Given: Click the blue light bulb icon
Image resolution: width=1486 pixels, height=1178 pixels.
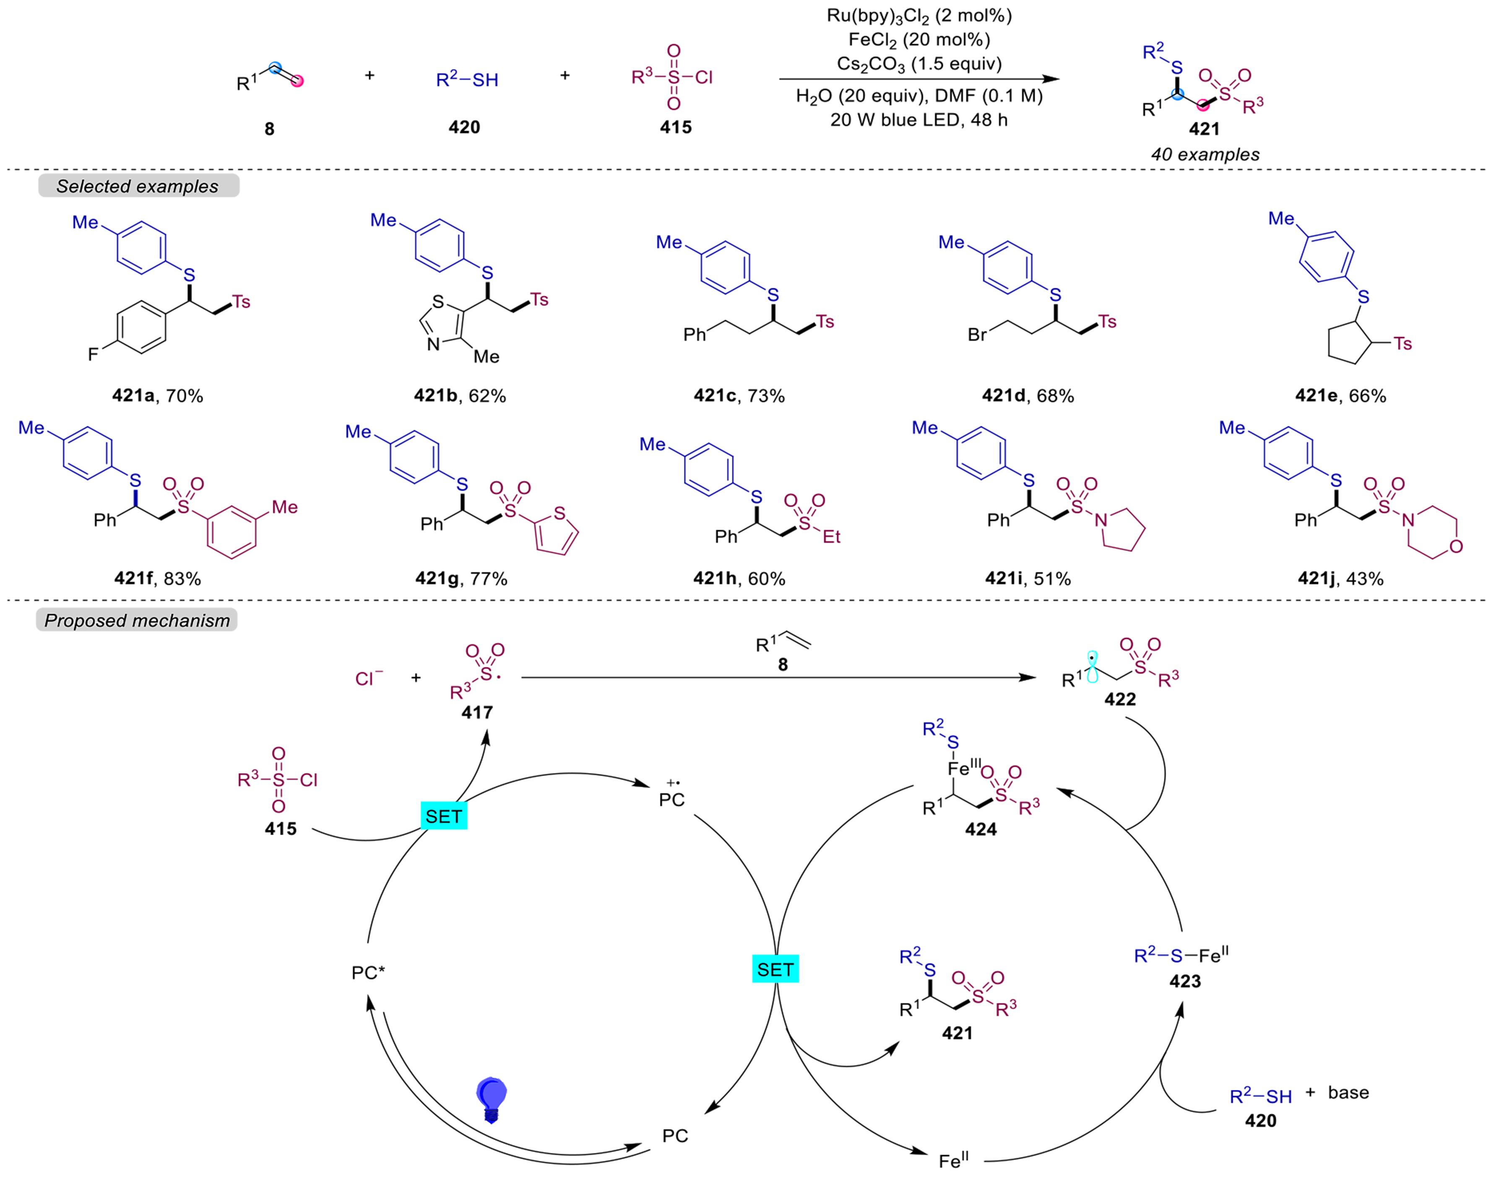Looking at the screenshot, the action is (x=492, y=1100).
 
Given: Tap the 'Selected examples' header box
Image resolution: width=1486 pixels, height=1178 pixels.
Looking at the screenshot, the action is (x=138, y=186).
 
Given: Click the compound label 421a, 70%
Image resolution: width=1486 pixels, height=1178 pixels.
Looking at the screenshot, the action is (x=158, y=395).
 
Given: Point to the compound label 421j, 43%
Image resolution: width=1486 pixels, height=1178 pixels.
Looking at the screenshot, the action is (x=1340, y=578).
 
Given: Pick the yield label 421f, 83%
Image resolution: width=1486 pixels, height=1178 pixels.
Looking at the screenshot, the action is (x=158, y=578).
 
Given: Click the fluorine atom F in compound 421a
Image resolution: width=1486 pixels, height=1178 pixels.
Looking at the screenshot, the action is (x=93, y=354).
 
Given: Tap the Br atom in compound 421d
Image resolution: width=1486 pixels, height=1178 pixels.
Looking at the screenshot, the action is (x=977, y=335).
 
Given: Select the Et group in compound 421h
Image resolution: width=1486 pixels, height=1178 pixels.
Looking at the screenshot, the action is (x=831, y=537).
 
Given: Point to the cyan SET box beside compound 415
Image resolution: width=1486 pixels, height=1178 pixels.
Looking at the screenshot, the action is (x=444, y=816).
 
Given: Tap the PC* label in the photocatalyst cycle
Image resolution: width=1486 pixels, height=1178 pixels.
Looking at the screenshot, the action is (x=368, y=973).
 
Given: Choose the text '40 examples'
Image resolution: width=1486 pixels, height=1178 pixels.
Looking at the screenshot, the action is (x=1205, y=154).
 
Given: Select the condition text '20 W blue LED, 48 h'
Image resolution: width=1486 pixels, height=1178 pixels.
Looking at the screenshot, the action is (x=919, y=120).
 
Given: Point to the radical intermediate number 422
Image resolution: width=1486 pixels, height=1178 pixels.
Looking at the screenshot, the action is (x=1120, y=699).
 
